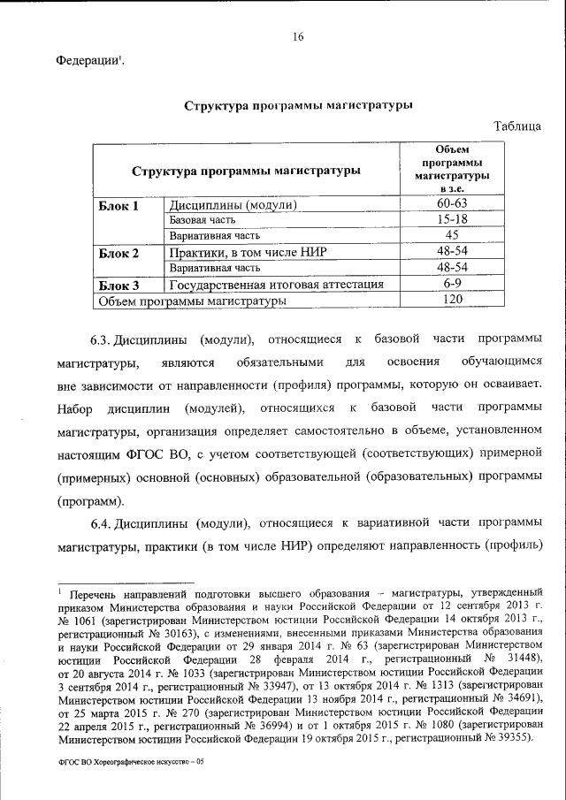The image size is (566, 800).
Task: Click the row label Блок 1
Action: tap(119, 206)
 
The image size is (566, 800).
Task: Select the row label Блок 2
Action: tap(119, 253)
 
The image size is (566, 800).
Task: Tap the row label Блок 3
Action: tap(119, 285)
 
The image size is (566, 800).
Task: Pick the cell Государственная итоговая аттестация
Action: tap(276, 285)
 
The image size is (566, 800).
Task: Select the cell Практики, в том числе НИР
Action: tap(249, 253)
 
